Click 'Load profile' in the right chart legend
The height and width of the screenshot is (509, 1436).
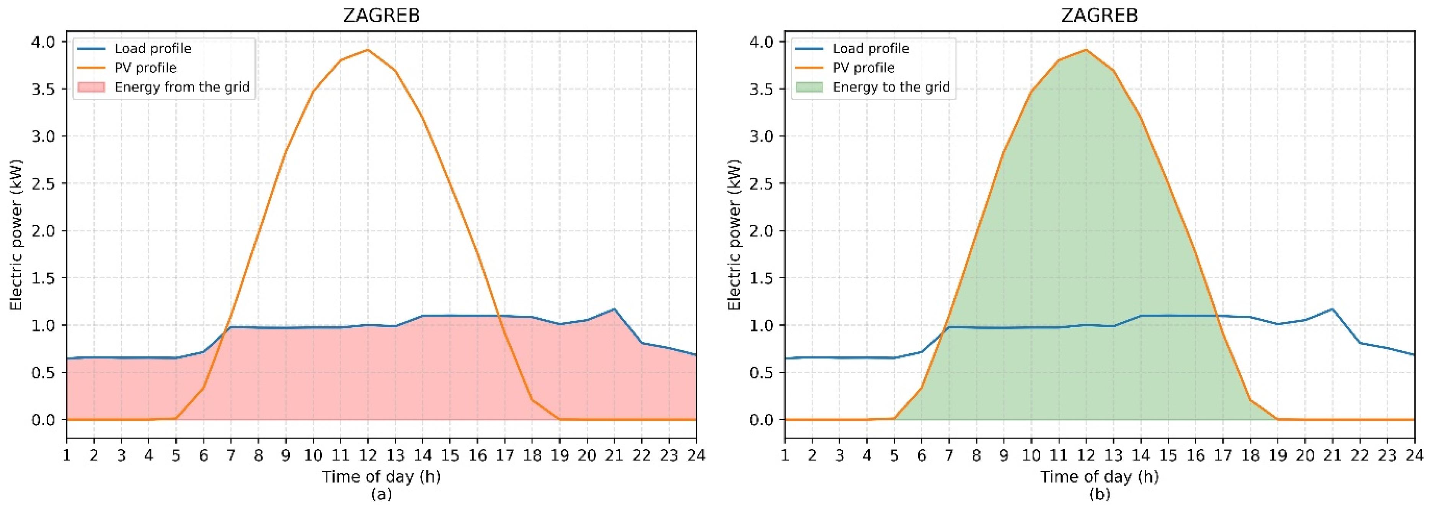[871, 49]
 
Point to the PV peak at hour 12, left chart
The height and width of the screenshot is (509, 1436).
[367, 50]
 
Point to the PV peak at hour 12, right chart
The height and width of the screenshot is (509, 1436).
[1085, 50]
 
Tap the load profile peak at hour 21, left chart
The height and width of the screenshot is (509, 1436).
[614, 309]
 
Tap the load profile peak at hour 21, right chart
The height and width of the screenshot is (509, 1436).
[1332, 309]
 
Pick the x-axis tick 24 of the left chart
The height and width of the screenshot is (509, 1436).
[696, 455]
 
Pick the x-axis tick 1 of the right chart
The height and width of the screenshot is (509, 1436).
[785, 455]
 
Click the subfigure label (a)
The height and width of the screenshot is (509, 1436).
[381, 494]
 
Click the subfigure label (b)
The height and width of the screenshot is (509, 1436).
[1099, 494]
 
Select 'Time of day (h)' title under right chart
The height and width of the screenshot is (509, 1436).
[1099, 477]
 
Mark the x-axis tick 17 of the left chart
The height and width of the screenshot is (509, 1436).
[504, 455]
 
